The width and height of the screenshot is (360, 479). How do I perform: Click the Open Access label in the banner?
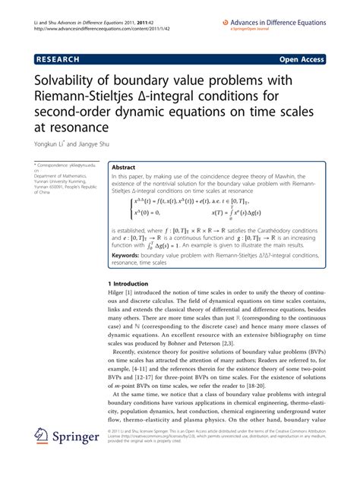pos(302,57)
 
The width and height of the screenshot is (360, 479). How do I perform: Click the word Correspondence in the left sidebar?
pos(58,165)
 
